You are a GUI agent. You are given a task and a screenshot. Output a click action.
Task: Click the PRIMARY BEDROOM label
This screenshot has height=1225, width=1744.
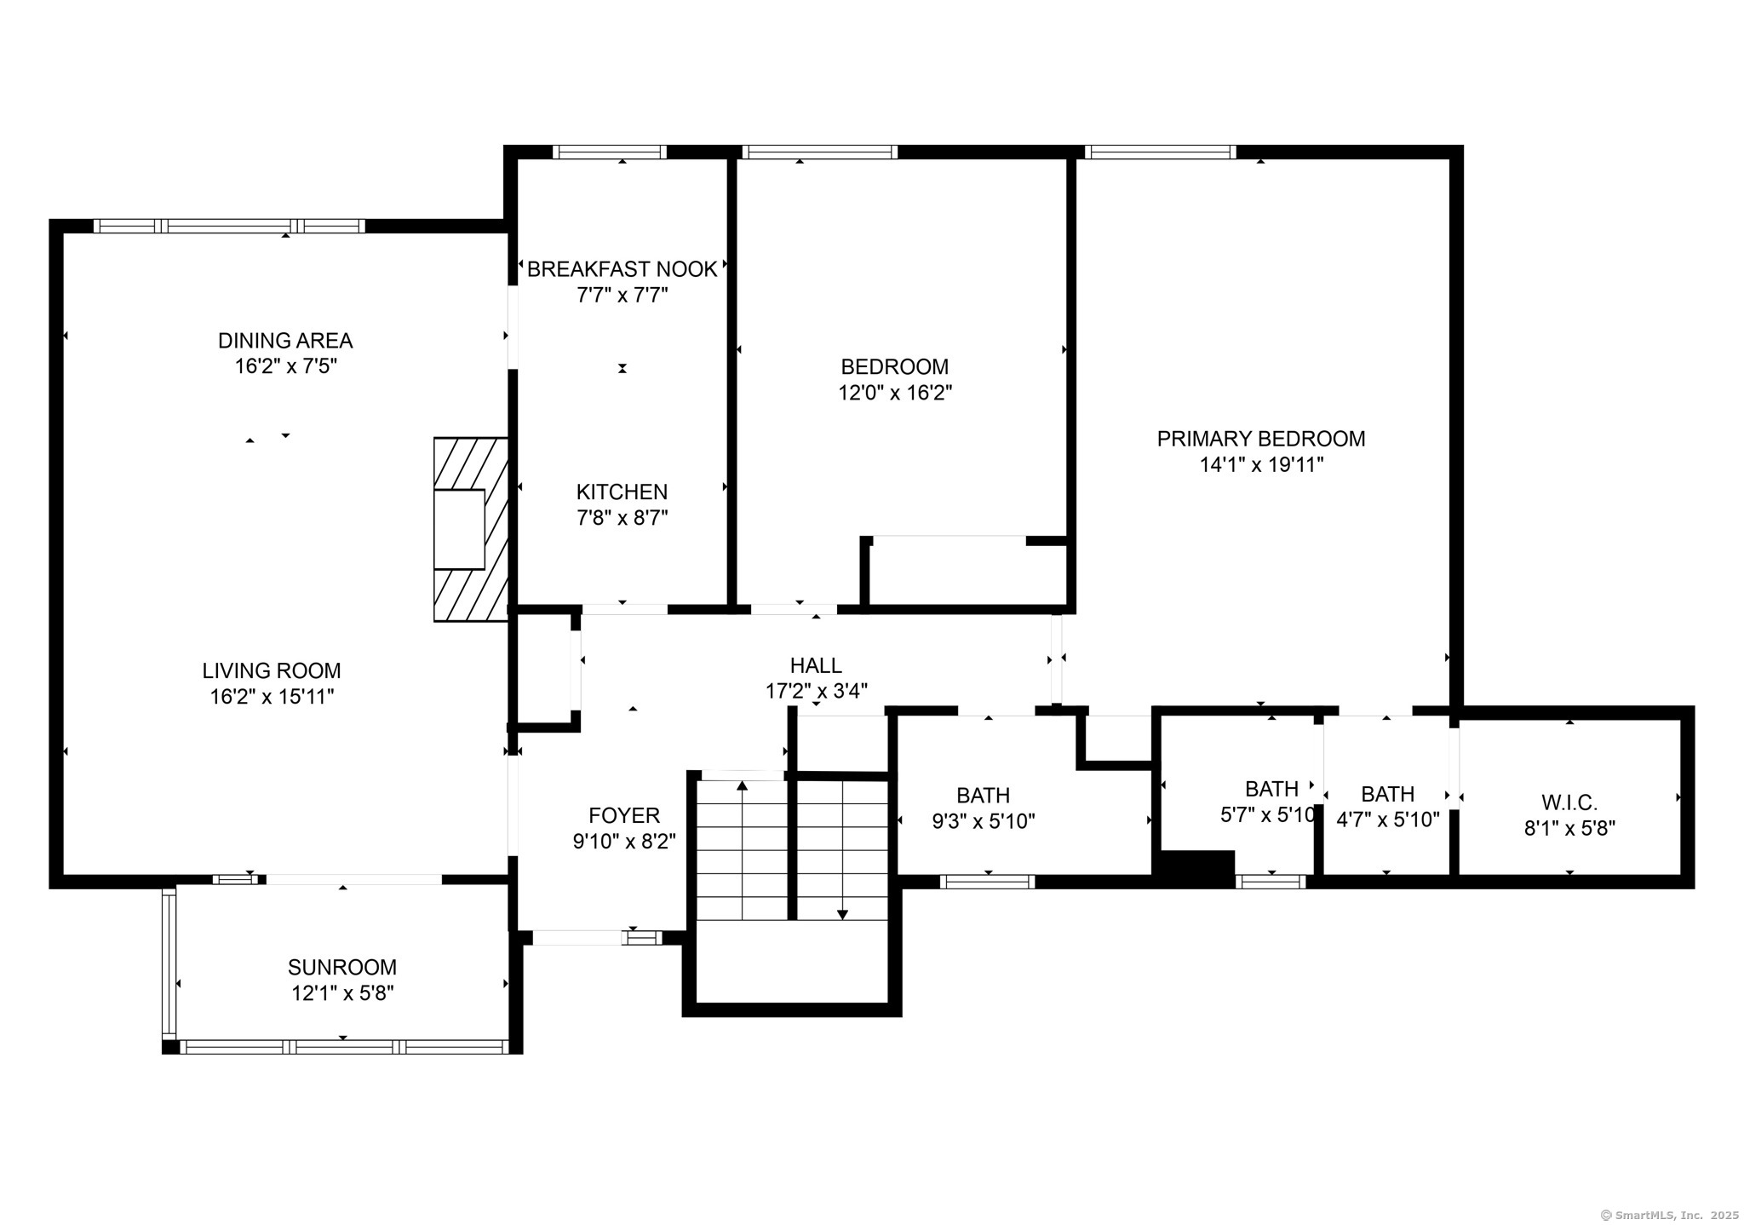click(1260, 439)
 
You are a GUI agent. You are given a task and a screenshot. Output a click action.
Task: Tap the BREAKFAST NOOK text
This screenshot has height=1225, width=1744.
click(622, 269)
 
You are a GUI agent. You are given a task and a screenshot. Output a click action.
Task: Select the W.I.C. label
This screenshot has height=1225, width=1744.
click(1569, 802)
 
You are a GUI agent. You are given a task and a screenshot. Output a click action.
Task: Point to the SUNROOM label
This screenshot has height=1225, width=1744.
click(342, 967)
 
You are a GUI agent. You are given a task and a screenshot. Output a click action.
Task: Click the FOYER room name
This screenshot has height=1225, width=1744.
click(624, 815)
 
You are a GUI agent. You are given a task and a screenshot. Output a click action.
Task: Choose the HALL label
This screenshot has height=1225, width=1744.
click(816, 665)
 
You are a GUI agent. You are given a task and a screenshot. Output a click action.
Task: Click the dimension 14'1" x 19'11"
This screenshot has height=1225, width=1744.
click(1261, 465)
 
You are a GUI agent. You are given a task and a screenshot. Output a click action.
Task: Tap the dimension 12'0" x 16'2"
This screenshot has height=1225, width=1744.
click(895, 393)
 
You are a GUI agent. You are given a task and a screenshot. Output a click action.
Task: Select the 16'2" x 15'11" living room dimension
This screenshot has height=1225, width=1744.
click(272, 697)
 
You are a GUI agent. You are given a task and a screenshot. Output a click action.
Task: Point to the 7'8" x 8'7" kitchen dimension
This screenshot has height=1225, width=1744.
click(622, 518)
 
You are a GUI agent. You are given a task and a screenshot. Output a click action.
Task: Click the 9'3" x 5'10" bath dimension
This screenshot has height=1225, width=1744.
click(984, 821)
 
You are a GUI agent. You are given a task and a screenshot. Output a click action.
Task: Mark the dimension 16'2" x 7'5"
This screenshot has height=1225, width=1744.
click(285, 366)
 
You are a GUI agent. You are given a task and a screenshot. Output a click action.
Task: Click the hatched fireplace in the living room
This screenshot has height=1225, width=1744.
click(471, 529)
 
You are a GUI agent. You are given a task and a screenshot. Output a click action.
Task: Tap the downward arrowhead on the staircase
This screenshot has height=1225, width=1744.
click(842, 914)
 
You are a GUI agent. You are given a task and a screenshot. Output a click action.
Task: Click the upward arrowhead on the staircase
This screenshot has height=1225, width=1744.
click(742, 785)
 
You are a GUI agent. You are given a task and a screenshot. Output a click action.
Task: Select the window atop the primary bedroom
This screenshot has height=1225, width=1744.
click(1161, 152)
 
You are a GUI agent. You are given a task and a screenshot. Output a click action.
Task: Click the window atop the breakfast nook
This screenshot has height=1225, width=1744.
click(609, 152)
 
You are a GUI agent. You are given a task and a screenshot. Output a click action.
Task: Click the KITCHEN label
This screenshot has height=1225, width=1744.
click(622, 492)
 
